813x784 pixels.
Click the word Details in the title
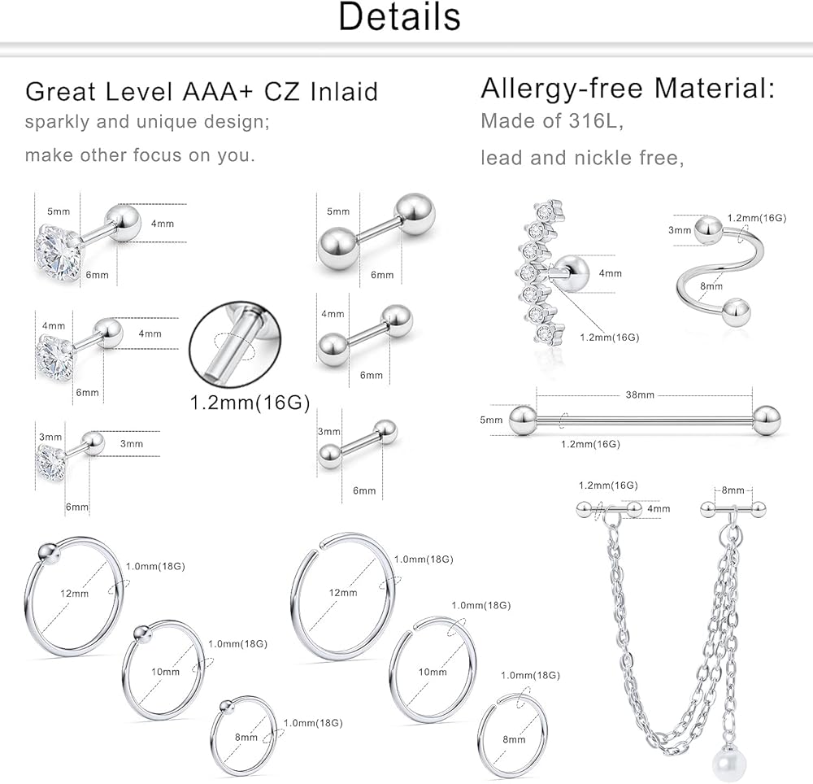[399, 17]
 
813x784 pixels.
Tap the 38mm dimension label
[640, 395]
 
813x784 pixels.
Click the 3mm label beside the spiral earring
[680, 230]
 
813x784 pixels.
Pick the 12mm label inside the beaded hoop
[74, 594]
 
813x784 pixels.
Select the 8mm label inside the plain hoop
[514, 739]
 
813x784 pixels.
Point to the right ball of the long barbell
[765, 420]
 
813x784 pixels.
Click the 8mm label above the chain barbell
[733, 490]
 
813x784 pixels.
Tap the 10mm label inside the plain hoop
[433, 673]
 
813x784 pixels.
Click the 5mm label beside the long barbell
[492, 420]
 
